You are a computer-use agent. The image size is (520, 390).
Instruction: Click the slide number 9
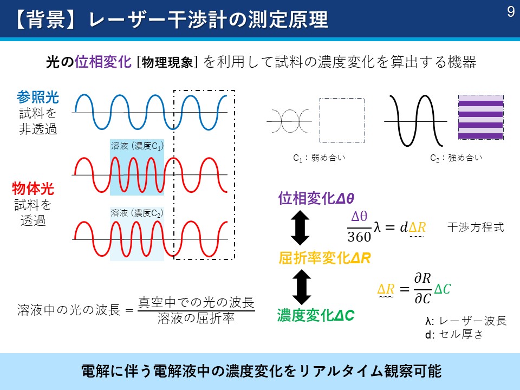pyautogui.click(x=511, y=12)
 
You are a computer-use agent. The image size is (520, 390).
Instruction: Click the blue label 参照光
pyautogui.click(x=38, y=97)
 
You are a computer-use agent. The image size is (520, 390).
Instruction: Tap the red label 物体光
pyautogui.click(x=33, y=188)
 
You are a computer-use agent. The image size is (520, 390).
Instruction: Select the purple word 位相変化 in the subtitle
pyautogui.click(x=103, y=62)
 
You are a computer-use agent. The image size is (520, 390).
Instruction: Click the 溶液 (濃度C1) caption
pyautogui.click(x=137, y=146)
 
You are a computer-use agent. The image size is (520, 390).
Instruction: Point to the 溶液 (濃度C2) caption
pyautogui.click(x=137, y=213)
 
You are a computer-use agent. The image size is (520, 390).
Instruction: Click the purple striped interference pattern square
pyautogui.click(x=481, y=117)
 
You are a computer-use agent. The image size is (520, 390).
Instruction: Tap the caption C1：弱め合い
pyautogui.click(x=319, y=158)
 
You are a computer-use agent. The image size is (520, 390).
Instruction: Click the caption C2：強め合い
pyautogui.click(x=456, y=158)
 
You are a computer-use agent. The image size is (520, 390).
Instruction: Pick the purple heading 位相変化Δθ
pyautogui.click(x=316, y=198)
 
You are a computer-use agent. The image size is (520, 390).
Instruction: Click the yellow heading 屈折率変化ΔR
pyautogui.click(x=324, y=258)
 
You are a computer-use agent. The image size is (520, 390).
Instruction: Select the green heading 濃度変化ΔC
pyautogui.click(x=316, y=315)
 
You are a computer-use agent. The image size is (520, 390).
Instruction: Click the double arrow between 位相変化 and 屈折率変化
pyautogui.click(x=300, y=228)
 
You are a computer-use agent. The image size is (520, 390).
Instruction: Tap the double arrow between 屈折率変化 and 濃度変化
pyautogui.click(x=302, y=287)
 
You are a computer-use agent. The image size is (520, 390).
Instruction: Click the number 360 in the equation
pyautogui.click(x=359, y=237)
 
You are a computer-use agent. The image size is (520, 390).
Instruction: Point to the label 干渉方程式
pyautogui.click(x=476, y=227)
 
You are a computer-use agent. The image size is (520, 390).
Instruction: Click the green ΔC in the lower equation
pyautogui.click(x=443, y=289)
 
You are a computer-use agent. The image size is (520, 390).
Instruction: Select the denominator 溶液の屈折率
pyautogui.click(x=196, y=318)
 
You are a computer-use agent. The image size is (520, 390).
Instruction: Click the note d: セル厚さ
pyautogui.click(x=454, y=334)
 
